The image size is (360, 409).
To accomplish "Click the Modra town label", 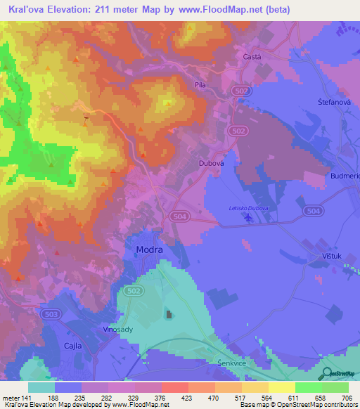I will [148, 250].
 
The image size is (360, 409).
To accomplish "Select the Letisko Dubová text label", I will [250, 207].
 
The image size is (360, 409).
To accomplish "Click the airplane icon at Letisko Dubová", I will [247, 217].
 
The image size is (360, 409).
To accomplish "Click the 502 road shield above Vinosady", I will [133, 290].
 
